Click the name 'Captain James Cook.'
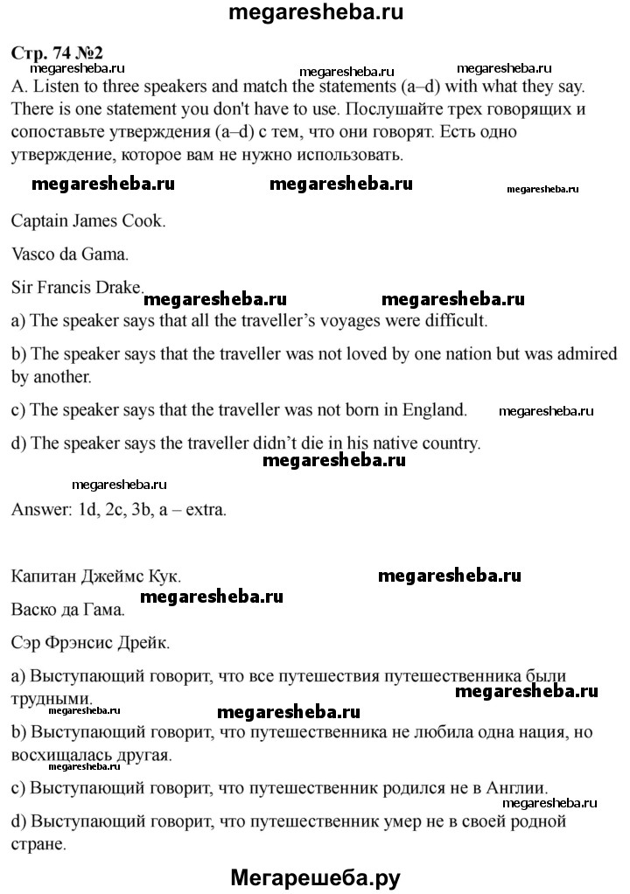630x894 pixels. (x=88, y=221)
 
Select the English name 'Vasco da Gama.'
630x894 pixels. (x=71, y=255)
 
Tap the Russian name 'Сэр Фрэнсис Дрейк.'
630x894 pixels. (x=93, y=643)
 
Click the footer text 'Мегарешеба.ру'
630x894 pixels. (x=315, y=877)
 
